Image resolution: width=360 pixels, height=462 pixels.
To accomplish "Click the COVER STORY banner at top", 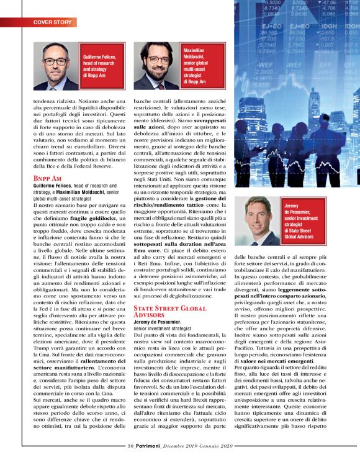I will point(53,22).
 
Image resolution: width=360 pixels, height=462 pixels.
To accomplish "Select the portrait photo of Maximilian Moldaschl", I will point(156,66).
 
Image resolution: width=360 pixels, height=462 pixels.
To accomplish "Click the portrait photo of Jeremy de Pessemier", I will point(258,221).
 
